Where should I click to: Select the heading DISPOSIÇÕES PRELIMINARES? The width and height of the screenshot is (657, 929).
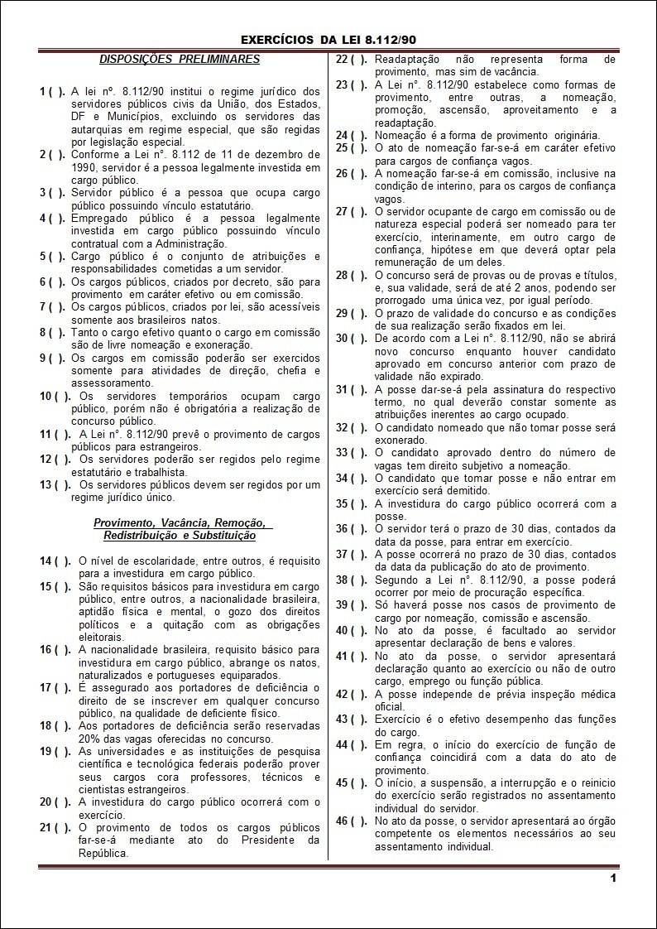(180, 59)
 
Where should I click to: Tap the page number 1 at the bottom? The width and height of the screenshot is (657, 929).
(613, 878)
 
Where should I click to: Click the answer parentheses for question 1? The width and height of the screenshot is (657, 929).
(56, 91)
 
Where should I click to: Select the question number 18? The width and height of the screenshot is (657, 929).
(46, 725)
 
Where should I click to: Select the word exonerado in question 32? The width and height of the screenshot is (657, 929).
(400, 440)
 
